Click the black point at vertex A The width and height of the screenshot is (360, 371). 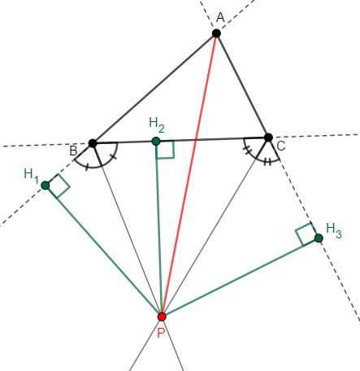pos(216,33)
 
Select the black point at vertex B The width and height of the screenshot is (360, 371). pos(93,143)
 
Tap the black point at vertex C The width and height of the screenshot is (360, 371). pos(268,137)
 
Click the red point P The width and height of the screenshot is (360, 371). pos(162,316)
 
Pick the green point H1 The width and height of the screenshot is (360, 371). pos(46,185)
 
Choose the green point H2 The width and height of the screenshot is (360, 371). pos(156,142)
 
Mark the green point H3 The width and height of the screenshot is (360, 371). pos(319,238)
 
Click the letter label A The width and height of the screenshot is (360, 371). pos(220,18)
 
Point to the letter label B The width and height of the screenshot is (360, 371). pos(73,151)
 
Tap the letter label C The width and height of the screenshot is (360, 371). pos(281,146)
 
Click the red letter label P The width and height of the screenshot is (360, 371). pos(161,333)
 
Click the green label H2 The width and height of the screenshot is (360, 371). pos(157,124)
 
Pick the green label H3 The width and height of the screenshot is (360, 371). pos(334,230)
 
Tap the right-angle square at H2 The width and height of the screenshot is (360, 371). pos(165,150)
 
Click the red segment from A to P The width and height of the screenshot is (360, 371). pos(189,175)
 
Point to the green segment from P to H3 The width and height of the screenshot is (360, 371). pos(241,277)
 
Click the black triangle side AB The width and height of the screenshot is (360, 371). pos(154,88)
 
